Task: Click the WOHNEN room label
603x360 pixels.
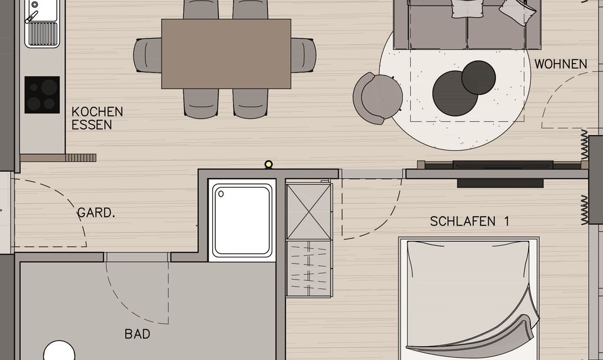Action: [560, 64]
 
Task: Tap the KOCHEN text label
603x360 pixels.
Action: [97, 112]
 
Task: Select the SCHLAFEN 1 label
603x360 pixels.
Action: [469, 222]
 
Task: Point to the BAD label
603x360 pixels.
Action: [137, 335]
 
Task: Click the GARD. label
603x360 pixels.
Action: [96, 213]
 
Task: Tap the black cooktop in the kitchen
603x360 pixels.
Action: [42, 95]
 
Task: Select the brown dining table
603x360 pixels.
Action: [226, 54]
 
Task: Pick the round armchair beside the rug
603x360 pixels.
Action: [379, 98]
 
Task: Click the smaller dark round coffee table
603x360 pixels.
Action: [478, 77]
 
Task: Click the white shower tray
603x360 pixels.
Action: [242, 220]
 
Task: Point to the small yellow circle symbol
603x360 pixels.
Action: [269, 164]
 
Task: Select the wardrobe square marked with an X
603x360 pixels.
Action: [309, 212]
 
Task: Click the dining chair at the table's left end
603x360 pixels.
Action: [147, 55]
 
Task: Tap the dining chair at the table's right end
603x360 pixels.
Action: [304, 55]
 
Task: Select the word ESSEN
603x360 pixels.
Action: [91, 125]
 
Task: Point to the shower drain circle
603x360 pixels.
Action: [221, 194]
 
